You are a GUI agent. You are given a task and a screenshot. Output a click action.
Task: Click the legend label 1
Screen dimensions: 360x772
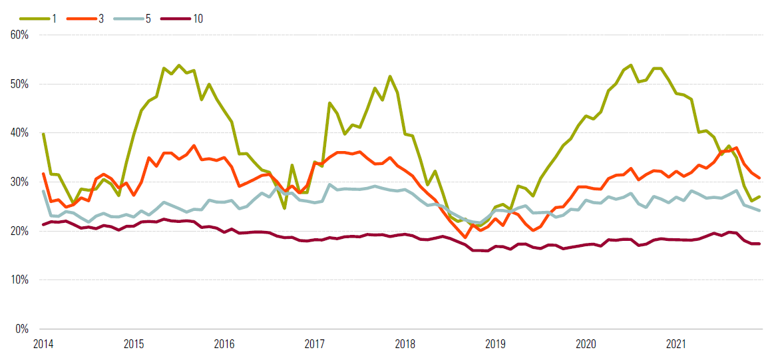tap(54, 18)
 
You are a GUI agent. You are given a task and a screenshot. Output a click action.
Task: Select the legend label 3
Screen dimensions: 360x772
tap(101, 18)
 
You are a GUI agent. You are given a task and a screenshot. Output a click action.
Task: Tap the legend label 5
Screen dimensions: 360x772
tap(148, 18)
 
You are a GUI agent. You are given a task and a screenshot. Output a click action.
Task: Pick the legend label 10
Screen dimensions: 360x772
tap(198, 18)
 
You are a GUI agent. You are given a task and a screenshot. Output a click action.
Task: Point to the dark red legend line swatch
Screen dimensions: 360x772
tap(172, 18)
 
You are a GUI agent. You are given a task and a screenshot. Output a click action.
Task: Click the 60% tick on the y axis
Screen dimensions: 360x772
tap(19, 35)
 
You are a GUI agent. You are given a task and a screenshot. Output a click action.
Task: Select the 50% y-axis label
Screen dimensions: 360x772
tap(19, 84)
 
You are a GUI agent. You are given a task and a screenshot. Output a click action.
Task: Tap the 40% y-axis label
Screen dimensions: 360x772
tap(19, 133)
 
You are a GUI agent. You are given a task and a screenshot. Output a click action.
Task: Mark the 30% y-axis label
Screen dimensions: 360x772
tap(19, 182)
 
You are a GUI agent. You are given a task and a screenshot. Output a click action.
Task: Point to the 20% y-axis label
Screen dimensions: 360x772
tap(19, 231)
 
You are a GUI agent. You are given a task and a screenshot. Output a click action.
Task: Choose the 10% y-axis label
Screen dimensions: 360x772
tap(19, 280)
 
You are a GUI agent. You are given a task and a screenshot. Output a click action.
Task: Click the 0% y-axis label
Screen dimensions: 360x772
tap(21, 329)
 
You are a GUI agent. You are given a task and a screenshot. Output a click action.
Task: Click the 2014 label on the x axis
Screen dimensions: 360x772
tap(43, 345)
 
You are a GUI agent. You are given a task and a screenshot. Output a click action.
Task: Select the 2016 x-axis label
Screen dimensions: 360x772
tap(224, 345)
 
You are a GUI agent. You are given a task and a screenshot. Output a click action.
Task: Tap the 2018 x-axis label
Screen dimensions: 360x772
tap(405, 345)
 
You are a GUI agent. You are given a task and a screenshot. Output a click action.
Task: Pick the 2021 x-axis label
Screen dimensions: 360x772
tap(677, 345)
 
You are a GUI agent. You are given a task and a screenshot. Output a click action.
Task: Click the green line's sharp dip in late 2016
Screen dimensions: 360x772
tap(284, 208)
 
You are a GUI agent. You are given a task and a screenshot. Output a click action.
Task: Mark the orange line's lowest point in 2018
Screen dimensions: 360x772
tap(465, 237)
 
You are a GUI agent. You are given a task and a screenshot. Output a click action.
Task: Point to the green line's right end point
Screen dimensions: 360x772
tap(759, 197)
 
